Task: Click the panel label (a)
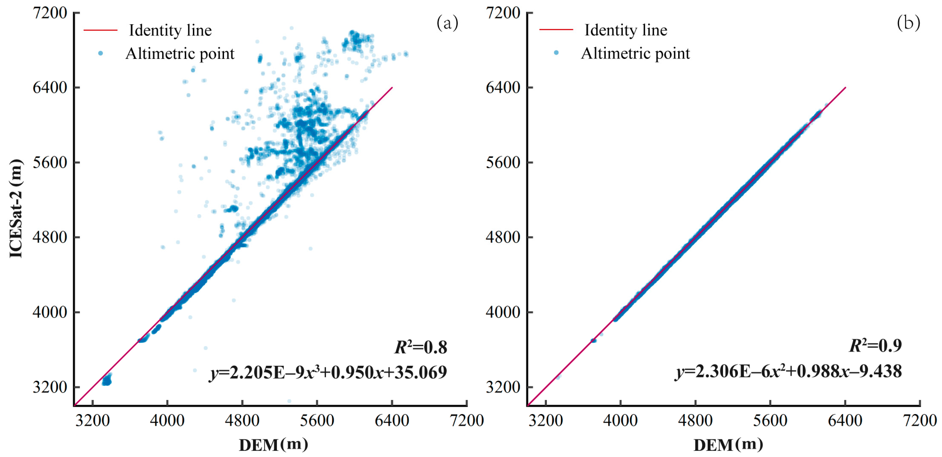pyautogui.click(x=447, y=23)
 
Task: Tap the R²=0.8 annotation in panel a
pyautogui.click(x=421, y=347)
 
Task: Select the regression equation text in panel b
pyautogui.click(x=788, y=371)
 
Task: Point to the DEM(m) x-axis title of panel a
pyautogui.click(x=273, y=445)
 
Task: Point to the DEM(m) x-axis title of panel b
pyautogui.click(x=728, y=445)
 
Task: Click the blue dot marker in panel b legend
pyautogui.click(x=556, y=53)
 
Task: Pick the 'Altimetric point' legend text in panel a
pyautogui.click(x=180, y=54)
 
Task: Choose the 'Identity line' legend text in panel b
pyautogui.click(x=626, y=30)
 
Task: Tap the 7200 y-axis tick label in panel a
pyautogui.click(x=50, y=13)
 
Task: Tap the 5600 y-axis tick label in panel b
pyautogui.click(x=503, y=163)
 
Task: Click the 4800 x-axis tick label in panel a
pyautogui.click(x=242, y=420)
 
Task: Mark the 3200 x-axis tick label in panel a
pyautogui.click(x=92, y=420)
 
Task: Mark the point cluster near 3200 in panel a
pyautogui.click(x=107, y=380)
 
